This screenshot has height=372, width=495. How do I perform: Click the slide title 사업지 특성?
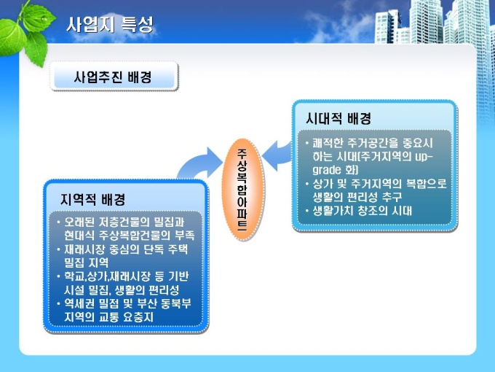click(110, 24)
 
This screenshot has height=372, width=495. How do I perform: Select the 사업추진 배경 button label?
click(113, 77)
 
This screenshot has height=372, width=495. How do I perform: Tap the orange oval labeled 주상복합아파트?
click(242, 190)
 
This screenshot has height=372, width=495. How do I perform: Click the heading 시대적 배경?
click(338, 119)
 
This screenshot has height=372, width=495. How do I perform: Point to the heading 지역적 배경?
click(93, 199)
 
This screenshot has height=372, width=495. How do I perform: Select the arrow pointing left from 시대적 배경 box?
click(277, 155)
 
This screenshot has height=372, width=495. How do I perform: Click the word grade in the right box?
click(327, 170)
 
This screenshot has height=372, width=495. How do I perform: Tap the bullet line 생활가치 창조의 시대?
click(363, 211)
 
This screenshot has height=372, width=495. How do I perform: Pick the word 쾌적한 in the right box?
click(328, 143)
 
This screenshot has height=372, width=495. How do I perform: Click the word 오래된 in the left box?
click(79, 222)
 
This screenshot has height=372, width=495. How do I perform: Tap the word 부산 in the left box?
click(147, 303)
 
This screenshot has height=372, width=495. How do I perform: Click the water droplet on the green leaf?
click(44, 19)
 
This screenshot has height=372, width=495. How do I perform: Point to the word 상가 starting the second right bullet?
click(322, 184)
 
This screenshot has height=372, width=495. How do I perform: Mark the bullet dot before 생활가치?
click(307, 211)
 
